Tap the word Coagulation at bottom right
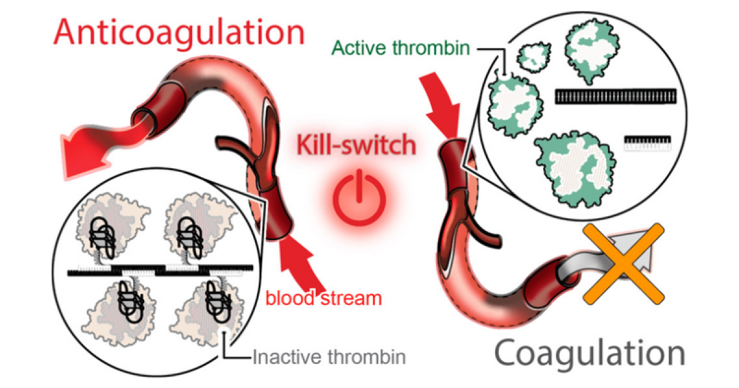tap(590, 352)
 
